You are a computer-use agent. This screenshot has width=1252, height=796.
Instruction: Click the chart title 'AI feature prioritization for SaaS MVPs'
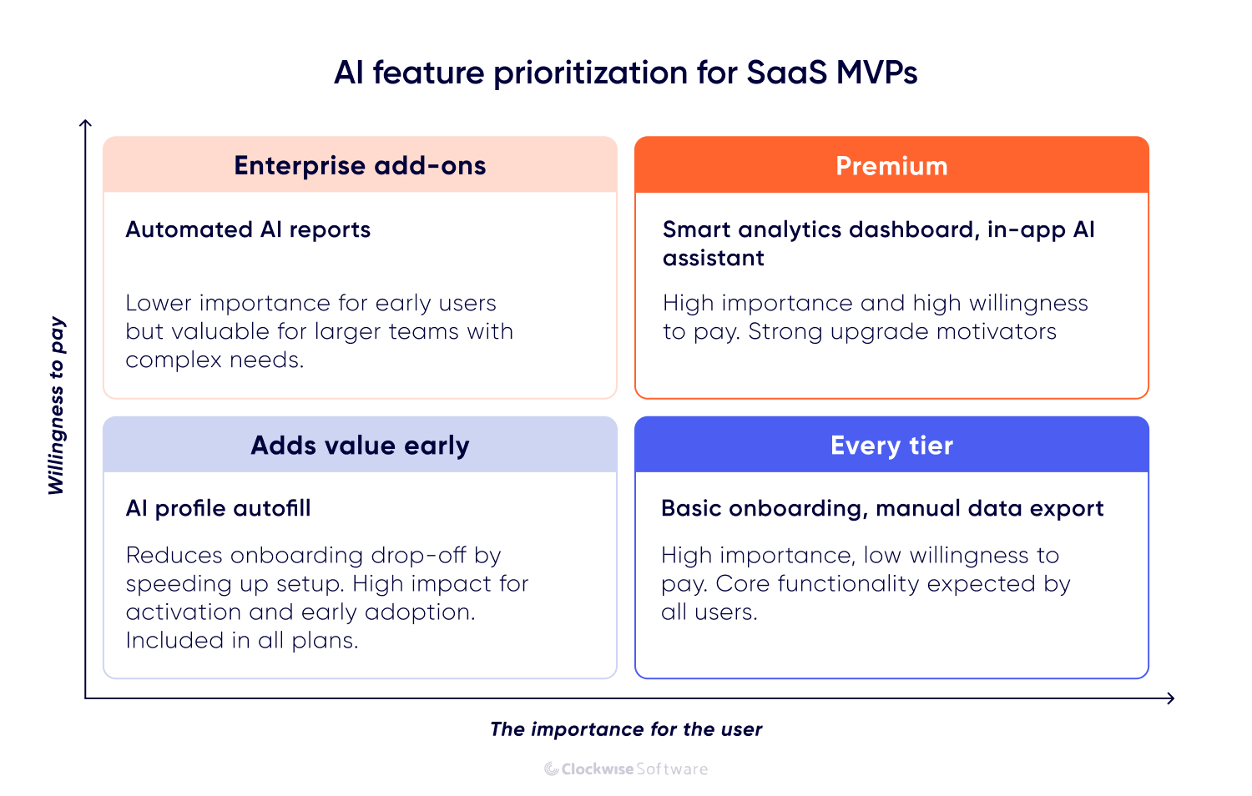626,73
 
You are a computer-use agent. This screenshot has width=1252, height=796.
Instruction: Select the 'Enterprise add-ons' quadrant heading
360,165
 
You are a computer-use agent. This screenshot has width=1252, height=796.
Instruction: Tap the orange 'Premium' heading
891,166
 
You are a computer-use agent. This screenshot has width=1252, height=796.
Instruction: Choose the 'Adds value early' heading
360,446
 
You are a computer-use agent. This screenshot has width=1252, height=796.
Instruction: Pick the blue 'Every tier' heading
891,446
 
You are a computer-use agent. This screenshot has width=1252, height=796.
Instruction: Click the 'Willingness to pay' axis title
56,406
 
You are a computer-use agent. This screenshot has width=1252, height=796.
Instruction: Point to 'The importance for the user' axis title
626,729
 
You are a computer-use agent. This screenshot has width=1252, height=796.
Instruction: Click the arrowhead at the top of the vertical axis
85,123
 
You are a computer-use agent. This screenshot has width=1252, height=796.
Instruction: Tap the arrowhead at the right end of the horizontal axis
1171,698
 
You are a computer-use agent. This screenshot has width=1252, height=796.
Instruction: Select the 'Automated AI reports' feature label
248,229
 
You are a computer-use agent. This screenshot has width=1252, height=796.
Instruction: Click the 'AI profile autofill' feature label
218,508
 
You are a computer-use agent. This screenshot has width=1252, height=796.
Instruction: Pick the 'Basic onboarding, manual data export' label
882,508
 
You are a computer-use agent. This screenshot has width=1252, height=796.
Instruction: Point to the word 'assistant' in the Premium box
714,258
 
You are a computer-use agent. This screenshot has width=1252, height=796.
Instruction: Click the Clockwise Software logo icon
552,769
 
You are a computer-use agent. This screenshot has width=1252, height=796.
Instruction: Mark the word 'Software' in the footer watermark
672,769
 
